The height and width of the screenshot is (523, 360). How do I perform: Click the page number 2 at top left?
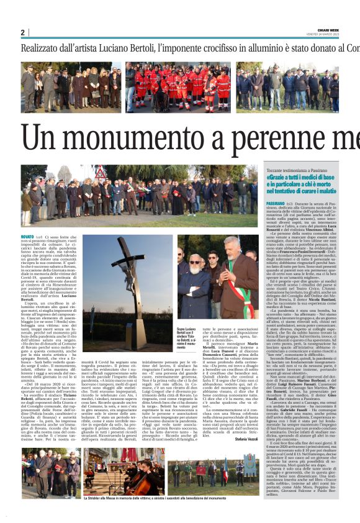point(23,33)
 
